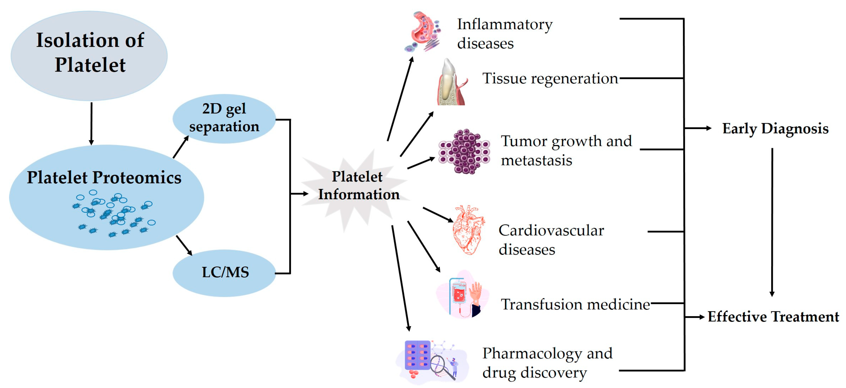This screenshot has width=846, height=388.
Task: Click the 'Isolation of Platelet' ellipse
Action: (x=89, y=56)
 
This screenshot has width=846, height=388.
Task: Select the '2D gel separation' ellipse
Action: (x=224, y=119)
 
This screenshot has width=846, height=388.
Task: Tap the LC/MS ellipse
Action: (x=224, y=273)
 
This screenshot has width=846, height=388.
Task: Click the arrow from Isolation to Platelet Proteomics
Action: (x=91, y=124)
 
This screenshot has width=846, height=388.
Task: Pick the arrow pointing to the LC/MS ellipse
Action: (x=184, y=245)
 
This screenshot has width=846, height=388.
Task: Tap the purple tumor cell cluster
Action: (x=464, y=151)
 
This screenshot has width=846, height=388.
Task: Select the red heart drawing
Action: (x=468, y=230)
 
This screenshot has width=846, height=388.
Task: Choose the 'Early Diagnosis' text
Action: (x=775, y=129)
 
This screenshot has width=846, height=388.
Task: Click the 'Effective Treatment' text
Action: (x=773, y=317)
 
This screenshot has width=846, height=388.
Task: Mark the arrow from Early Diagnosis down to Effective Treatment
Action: (x=772, y=222)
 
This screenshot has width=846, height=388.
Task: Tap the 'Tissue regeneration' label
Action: (x=550, y=79)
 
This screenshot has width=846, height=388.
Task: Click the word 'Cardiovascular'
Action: (x=551, y=231)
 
